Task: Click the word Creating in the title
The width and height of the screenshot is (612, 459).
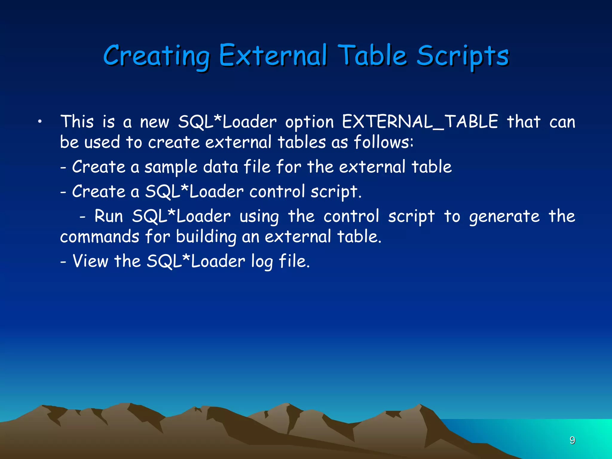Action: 157,56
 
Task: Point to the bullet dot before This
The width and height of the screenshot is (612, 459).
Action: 39,122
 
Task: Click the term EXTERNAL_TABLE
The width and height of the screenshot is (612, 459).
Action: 420,122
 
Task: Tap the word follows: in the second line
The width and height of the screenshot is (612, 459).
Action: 384,142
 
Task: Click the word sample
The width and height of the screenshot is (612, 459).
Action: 171,167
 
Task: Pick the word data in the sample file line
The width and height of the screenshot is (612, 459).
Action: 221,167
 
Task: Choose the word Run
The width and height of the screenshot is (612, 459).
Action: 108,216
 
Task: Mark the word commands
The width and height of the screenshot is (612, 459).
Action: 100,237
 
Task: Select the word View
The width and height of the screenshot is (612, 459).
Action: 90,261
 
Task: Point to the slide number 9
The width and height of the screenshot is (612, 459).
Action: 572,440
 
